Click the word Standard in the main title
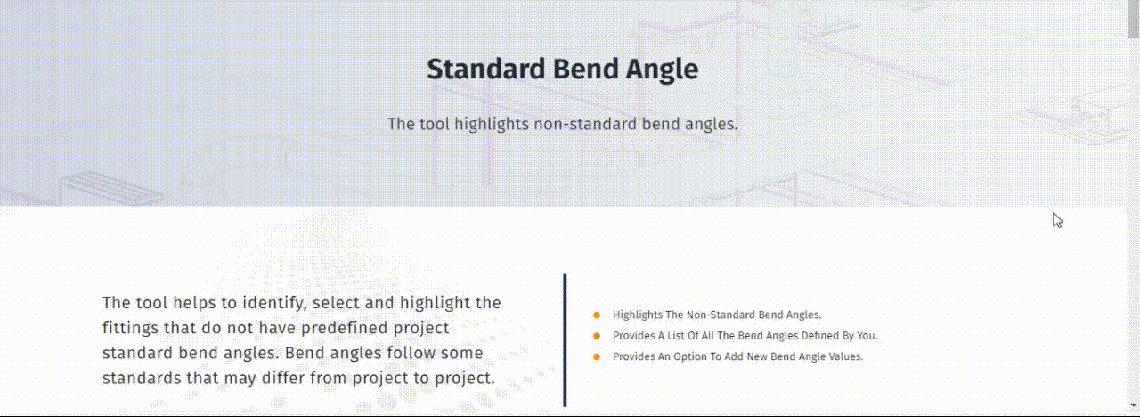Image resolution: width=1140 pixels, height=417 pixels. click(486, 69)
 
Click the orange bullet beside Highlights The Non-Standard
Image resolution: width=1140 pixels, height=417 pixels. click(597, 315)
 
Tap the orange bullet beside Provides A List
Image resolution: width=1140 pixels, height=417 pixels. click(597, 336)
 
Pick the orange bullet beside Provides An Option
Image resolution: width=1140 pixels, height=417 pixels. click(597, 357)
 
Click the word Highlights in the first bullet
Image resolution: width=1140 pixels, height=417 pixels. click(637, 315)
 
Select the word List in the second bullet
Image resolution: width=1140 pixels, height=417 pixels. click(707, 336)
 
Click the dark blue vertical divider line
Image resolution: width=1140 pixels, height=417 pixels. click(565, 339)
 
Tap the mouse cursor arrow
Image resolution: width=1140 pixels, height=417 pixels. click(1057, 220)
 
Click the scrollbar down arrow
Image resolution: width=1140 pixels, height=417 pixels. click(1134, 405)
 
